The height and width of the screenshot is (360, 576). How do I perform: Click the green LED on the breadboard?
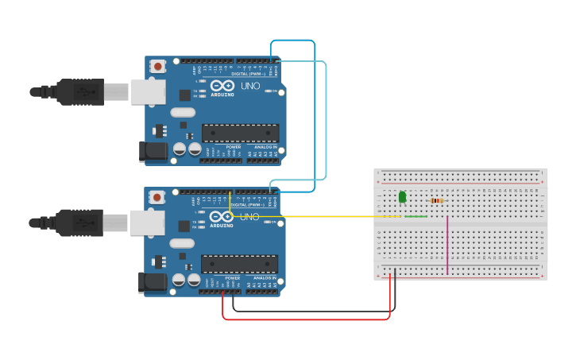pos(402,196)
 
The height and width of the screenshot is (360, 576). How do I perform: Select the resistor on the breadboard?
pos(435,201)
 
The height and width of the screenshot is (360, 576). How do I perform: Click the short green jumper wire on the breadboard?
pos(415,216)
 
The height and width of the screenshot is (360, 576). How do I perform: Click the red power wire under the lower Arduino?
pos(306,319)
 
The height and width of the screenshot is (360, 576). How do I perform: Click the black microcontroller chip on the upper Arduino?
pos(240,133)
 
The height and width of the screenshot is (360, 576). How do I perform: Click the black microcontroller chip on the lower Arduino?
pos(239,264)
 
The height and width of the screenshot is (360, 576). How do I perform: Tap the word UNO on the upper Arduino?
pos(250,86)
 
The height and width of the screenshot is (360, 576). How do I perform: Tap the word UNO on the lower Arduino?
pos(249,217)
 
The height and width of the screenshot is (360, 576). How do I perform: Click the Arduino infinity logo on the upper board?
pos(222,85)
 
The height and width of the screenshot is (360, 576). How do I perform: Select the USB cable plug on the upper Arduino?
pos(79,92)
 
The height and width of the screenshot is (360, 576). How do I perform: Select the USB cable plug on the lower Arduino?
pos(79,223)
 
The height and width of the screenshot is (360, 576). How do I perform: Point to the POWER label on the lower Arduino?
pos(233,277)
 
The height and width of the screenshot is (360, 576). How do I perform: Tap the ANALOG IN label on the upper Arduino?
pos(265,147)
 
